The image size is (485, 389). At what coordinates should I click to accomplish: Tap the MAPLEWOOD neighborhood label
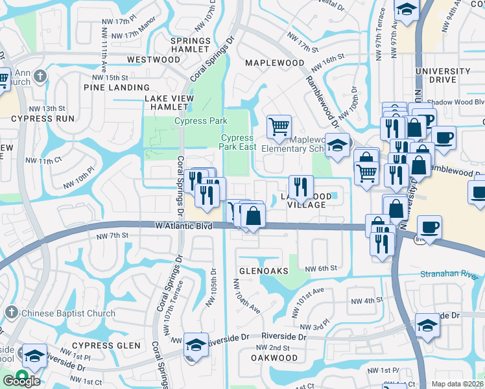[275, 63]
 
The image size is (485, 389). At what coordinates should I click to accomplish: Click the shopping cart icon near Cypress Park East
[279, 126]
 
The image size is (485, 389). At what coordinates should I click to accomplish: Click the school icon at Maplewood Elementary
[337, 145]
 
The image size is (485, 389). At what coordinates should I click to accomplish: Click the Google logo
[21, 381]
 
